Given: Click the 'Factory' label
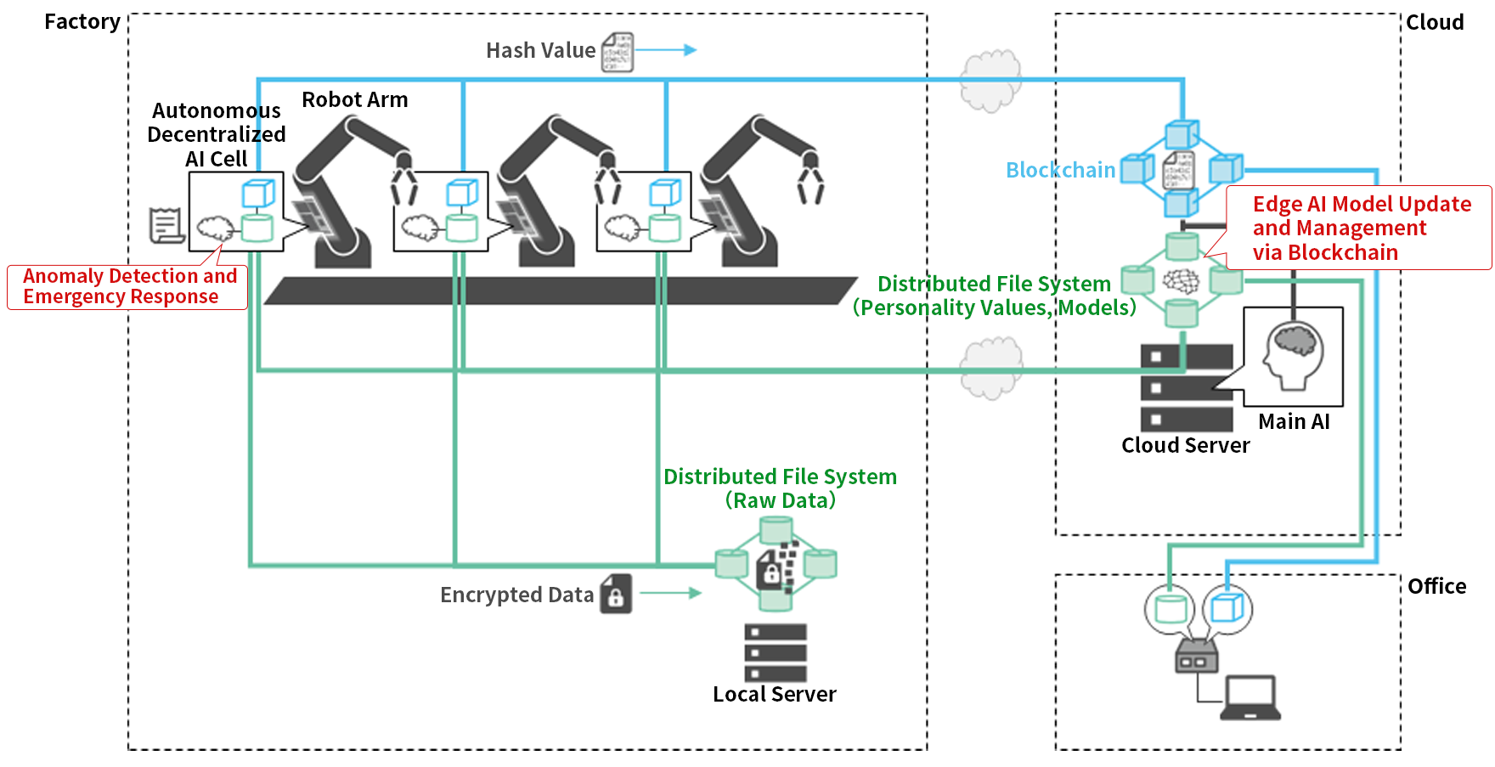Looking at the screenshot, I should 82,22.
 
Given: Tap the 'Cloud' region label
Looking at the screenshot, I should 1434,22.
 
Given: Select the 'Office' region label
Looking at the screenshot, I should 1436,586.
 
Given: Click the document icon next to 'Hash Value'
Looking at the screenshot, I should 618,52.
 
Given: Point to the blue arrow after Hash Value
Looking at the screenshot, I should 666,50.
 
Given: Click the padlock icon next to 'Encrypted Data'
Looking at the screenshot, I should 616,595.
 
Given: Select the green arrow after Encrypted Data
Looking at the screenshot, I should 670,593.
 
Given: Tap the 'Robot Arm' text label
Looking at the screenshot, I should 354,100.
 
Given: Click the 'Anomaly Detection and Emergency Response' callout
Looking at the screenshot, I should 127,287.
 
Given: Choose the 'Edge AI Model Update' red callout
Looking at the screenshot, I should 1359,228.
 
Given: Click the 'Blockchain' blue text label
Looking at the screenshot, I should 1059,170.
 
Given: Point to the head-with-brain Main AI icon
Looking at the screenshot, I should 1293,357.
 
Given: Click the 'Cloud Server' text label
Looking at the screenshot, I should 1185,445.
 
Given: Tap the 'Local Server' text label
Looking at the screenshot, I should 774,694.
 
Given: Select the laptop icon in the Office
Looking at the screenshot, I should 1250,698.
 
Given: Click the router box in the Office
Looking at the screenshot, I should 1197,657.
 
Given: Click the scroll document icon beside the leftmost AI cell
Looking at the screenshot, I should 166,225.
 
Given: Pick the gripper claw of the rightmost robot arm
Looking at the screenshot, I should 810,181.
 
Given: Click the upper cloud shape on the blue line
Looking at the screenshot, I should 990,81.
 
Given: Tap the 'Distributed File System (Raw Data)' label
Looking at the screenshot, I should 780,488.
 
